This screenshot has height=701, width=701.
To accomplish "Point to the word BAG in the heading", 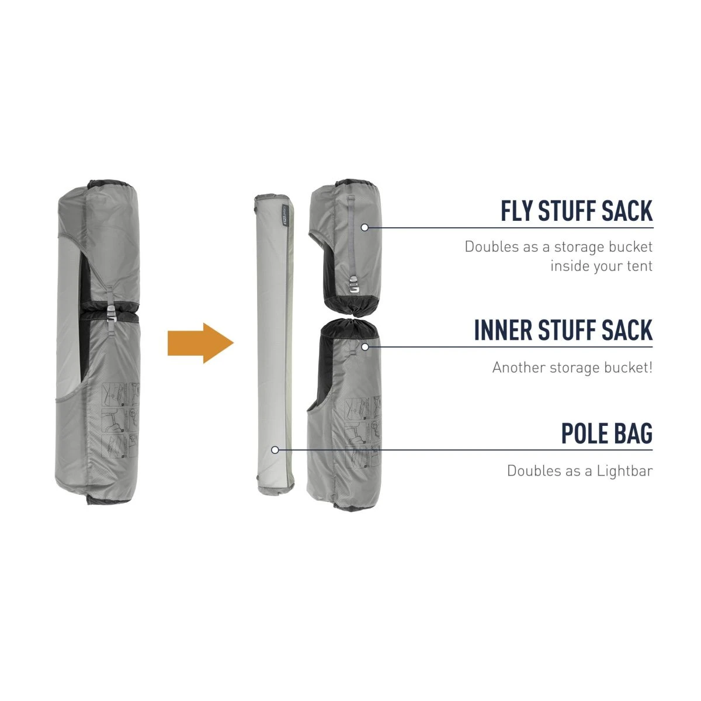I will click(x=634, y=434).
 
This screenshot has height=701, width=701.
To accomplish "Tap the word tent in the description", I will click(x=639, y=266).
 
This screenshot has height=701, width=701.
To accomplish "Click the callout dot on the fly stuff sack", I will click(x=365, y=227).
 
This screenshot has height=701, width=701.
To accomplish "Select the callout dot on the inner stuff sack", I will click(x=365, y=346).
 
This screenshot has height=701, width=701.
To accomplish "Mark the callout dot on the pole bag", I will click(x=275, y=450).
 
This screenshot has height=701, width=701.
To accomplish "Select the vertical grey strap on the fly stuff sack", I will click(x=351, y=234).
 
